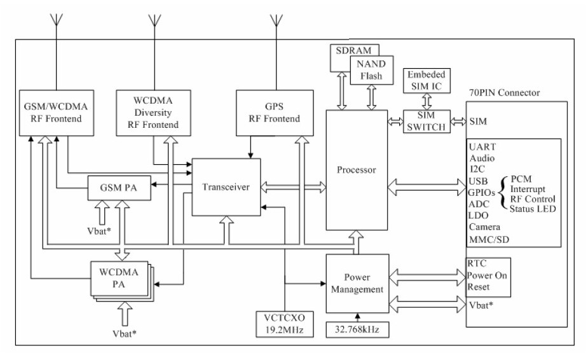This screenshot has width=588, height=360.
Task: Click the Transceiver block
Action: [226, 187]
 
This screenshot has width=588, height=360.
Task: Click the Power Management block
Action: [357, 284]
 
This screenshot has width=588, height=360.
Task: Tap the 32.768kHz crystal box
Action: [358, 329]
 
